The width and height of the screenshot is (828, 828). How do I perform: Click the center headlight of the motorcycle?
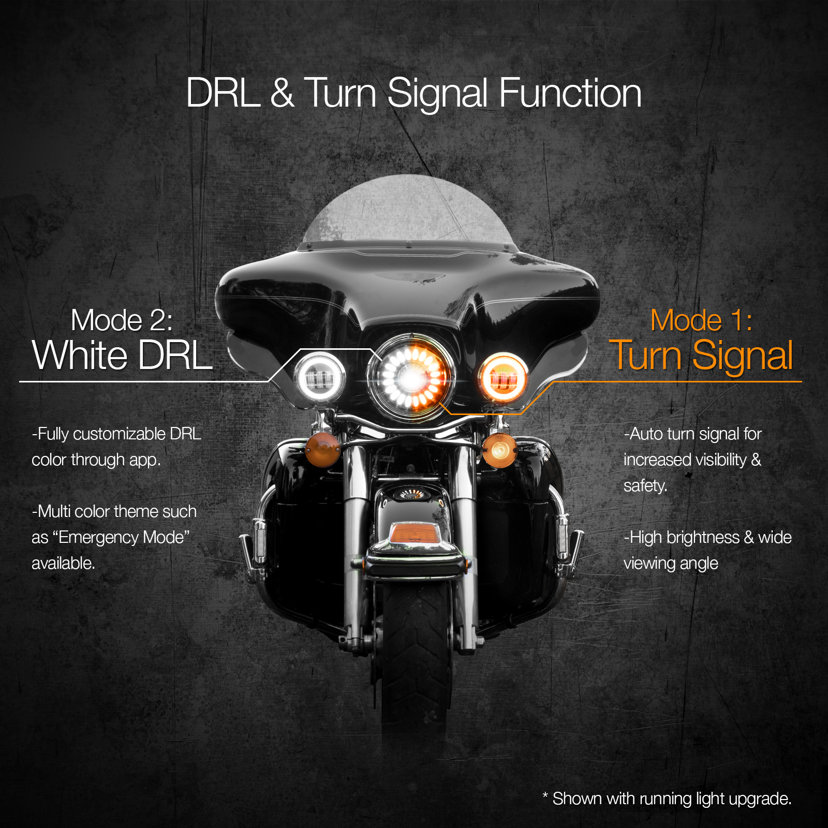point(412,377)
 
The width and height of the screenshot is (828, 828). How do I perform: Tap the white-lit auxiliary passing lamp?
point(320,377)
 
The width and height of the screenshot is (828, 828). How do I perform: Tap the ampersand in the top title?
point(282,93)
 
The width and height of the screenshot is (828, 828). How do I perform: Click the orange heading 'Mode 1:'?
point(701,320)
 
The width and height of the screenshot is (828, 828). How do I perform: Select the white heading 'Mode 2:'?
point(122,320)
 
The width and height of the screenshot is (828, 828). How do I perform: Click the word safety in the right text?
point(645,486)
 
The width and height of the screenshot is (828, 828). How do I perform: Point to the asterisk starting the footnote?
point(545,795)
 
